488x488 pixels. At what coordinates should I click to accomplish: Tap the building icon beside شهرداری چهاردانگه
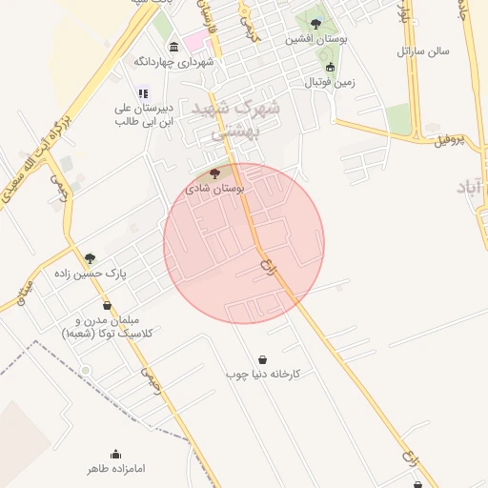coord(173,47)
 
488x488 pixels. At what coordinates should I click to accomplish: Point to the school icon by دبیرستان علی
coord(143,93)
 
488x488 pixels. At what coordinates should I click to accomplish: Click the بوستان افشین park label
coord(315,39)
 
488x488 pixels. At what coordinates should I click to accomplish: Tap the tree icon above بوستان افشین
coord(315,23)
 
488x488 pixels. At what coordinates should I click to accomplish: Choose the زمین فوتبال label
coord(330,82)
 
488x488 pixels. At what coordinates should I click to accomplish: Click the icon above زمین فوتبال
coord(330,67)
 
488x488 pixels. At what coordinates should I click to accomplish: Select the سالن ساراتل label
coord(417,49)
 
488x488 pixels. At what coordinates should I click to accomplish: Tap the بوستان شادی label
coord(218,189)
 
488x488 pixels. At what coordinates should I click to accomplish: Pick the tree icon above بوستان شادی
coord(213,173)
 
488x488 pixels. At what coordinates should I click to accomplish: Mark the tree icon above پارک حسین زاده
coord(91,258)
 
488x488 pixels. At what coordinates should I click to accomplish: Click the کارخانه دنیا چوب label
coord(263,375)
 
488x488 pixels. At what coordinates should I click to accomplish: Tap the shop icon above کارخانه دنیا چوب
coord(262,359)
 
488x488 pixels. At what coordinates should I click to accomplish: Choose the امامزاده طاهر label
coord(115,470)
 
